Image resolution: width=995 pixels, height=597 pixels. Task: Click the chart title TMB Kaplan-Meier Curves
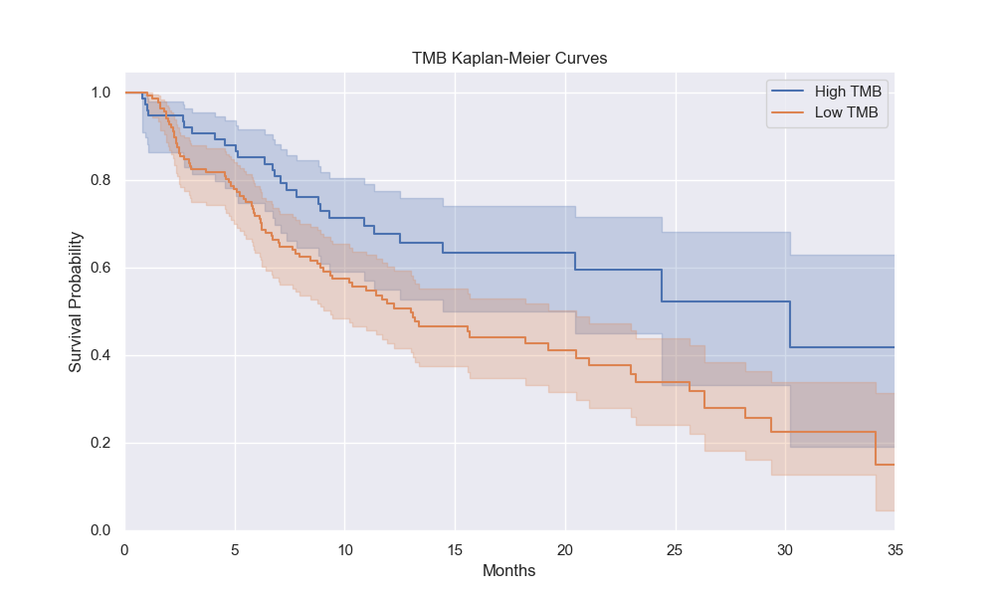coord(509,59)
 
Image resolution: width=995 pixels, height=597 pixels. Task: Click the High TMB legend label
coord(847,92)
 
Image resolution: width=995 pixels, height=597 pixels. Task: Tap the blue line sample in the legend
coord(787,92)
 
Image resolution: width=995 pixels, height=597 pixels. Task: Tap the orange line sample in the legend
coord(787,113)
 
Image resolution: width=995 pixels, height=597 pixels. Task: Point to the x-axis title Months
coord(509,571)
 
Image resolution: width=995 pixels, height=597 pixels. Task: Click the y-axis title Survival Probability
coord(76,302)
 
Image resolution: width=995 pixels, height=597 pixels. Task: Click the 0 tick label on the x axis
coord(124,549)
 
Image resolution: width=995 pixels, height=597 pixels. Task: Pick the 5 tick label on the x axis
coord(235,549)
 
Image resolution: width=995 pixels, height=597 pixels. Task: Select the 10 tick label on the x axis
coord(344,549)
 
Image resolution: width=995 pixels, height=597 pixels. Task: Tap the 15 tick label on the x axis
coord(455,549)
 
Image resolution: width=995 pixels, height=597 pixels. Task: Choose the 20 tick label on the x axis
coord(564,549)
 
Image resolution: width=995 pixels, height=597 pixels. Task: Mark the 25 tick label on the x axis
coord(675,549)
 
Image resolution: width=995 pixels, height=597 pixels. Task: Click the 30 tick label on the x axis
coord(784,549)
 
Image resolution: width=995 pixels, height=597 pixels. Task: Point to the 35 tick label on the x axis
coord(895,549)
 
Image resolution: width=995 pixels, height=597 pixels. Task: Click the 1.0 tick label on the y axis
coord(101,93)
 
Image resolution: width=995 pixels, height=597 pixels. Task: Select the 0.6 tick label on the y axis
coord(101,268)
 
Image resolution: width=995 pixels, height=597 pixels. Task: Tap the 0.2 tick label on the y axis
coord(101,443)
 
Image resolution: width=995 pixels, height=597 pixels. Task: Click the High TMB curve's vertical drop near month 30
coord(790,324)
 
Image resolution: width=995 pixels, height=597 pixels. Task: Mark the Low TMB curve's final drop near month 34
coord(876,449)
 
